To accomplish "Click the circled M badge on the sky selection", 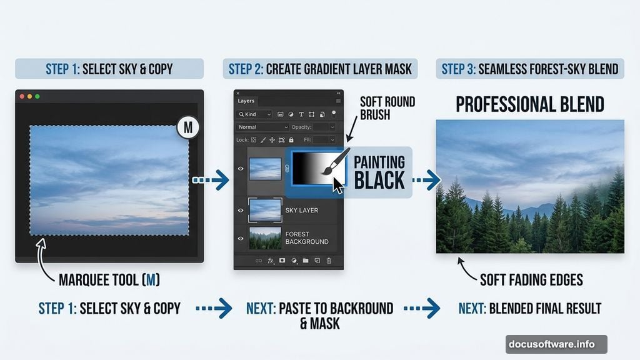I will pos(188,128).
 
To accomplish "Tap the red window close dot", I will pos(22,96).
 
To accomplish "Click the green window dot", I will pos(37,96).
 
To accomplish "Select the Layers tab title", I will pos(246,101).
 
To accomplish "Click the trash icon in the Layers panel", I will pos(329,260).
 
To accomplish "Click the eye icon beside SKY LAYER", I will pos(241,211).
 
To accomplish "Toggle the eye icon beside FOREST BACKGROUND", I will pos(241,238).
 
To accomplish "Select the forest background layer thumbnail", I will pos(265,238).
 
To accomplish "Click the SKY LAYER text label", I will pos(302,211).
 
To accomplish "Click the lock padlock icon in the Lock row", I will pos(291,140).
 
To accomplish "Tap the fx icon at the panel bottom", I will pos(271,260).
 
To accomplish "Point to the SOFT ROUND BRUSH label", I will pos(387,107).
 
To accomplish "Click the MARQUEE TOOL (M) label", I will pos(109,280).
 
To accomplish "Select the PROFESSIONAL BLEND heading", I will pos(530,104).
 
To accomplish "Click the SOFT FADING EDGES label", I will pos(531,279).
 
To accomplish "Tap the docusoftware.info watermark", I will pos(556,344).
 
